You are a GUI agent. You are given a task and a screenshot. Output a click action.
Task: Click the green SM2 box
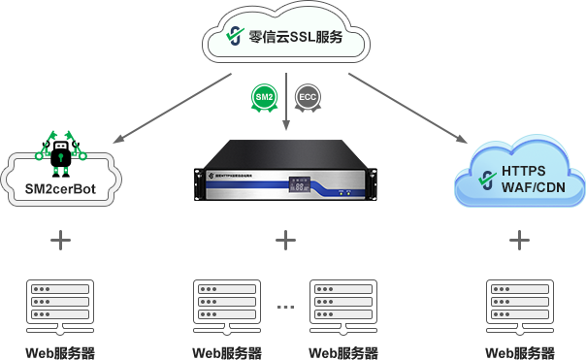pos(264,98)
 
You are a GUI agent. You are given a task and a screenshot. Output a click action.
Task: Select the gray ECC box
pos(308,98)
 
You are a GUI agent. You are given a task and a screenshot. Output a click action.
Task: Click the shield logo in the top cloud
pos(233,36)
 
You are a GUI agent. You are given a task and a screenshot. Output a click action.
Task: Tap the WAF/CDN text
pos(533,188)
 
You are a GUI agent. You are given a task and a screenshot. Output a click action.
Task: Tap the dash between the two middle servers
pos(285,307)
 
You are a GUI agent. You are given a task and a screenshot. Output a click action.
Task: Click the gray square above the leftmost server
pos(60,239)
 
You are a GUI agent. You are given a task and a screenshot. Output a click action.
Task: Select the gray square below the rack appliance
pos(284,239)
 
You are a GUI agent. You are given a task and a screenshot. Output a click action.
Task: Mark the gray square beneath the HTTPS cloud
pos(519,239)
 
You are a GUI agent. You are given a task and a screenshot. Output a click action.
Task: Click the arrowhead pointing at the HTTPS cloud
pos(463,138)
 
